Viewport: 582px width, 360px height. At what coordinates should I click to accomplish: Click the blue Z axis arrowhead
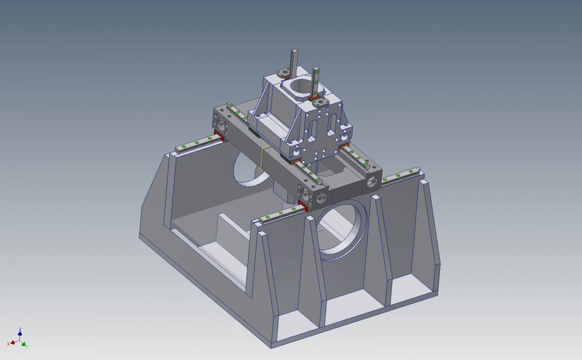[x=20, y=333]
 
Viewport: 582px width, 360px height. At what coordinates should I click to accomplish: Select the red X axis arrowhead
[x=13, y=342]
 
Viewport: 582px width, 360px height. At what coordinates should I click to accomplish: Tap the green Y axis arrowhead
[x=24, y=344]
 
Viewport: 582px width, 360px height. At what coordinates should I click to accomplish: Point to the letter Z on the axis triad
[x=20, y=329]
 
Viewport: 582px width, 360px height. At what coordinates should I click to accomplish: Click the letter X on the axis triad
[x=8, y=344]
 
